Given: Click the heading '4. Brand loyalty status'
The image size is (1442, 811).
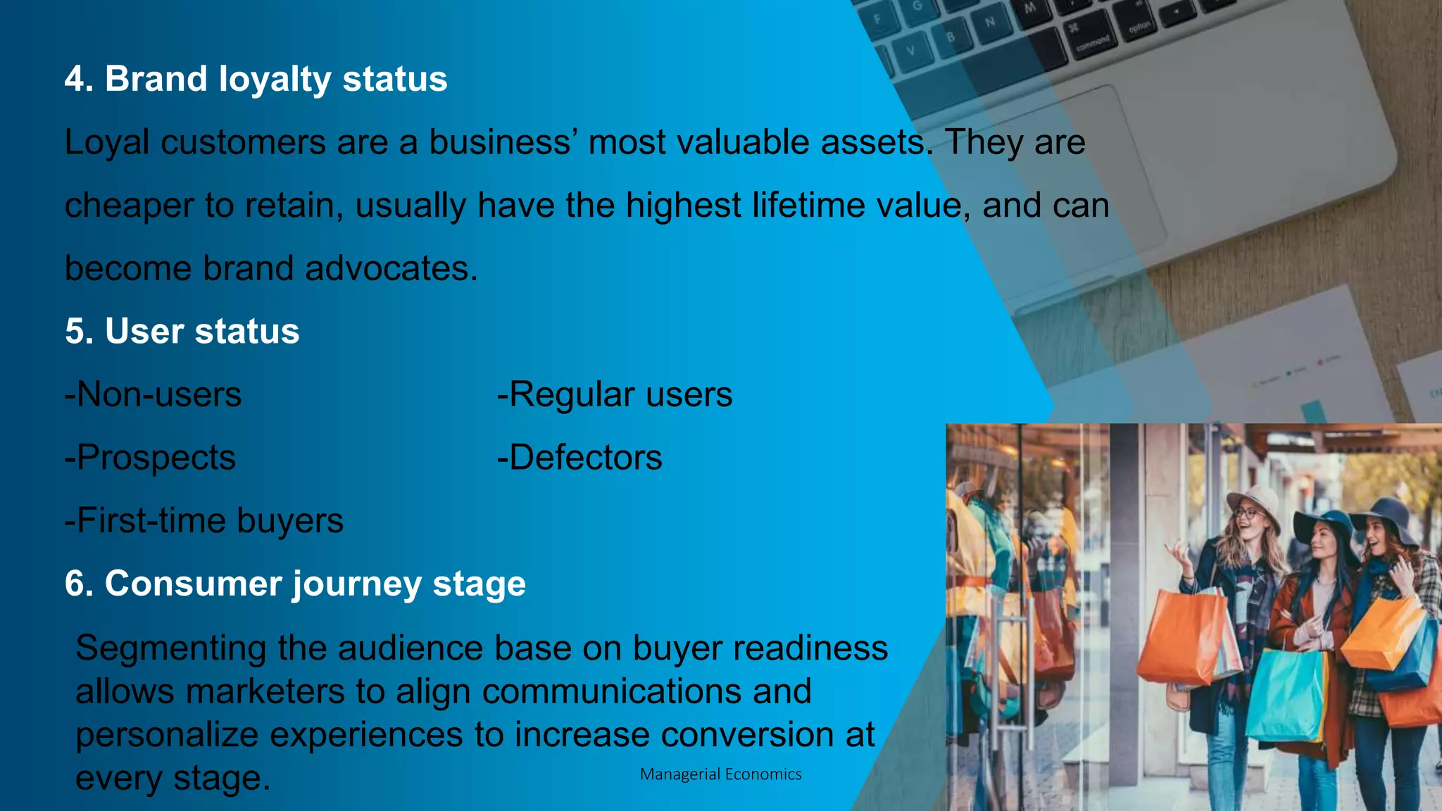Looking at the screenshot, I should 256,79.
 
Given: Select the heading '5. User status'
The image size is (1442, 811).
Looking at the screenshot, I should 182,331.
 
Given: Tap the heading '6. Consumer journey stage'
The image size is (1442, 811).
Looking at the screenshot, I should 295,584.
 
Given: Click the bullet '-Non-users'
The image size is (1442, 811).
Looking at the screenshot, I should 153,394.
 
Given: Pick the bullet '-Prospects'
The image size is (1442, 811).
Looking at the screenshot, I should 150,458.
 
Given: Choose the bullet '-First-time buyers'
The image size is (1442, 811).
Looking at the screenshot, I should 203,521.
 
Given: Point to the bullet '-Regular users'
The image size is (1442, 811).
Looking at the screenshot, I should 614,394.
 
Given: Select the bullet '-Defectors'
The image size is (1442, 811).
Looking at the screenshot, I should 579,458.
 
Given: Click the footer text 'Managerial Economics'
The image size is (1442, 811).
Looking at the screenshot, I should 720,774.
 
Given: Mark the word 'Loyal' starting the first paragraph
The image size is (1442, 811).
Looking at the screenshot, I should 106,142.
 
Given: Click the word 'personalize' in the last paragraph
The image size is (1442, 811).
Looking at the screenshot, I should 166,735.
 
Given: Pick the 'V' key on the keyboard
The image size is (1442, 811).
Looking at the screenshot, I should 910,51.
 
